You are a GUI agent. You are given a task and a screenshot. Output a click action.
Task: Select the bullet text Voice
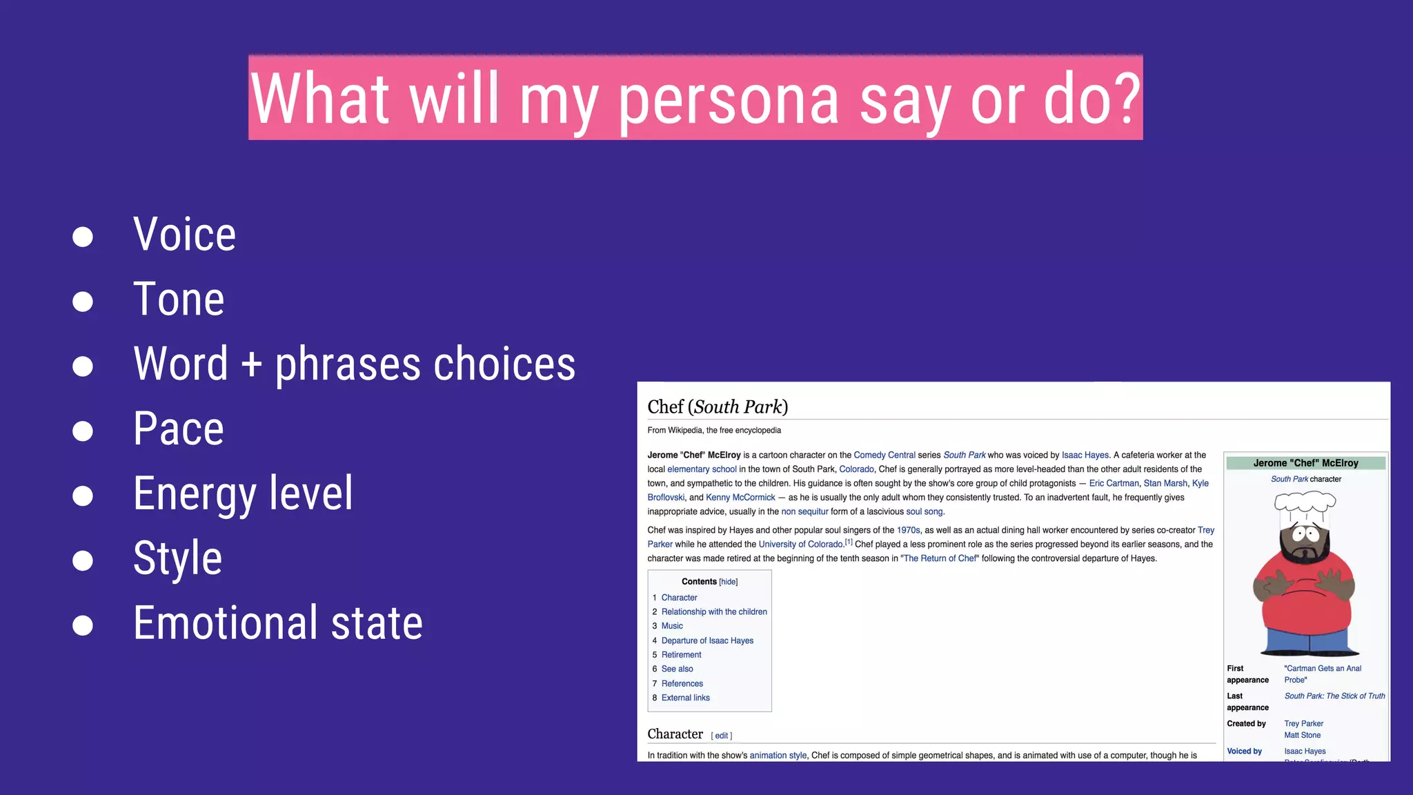pyautogui.click(x=184, y=235)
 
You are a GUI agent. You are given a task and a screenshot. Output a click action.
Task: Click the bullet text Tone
pyautogui.click(x=179, y=300)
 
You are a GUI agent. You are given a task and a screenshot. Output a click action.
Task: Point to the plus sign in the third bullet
pyautogui.click(x=251, y=364)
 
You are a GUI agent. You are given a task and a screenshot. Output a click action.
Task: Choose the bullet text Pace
pyautogui.click(x=179, y=429)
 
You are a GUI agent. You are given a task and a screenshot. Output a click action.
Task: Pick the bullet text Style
pyautogui.click(x=177, y=558)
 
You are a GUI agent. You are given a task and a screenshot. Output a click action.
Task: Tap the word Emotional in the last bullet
pyautogui.click(x=224, y=622)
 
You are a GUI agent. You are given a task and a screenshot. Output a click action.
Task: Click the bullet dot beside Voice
pyautogui.click(x=83, y=237)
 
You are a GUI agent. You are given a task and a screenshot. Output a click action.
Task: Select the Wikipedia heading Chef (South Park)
pyautogui.click(x=718, y=407)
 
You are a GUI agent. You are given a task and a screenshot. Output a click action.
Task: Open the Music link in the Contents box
pyautogui.click(x=672, y=626)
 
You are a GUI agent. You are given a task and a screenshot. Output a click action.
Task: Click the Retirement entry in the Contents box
pyautogui.click(x=681, y=655)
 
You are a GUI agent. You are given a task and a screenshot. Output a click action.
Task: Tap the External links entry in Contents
pyautogui.click(x=685, y=698)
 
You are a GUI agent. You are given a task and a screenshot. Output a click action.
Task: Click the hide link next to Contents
pyautogui.click(x=729, y=582)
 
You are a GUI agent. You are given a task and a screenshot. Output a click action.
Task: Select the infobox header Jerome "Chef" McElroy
pyautogui.click(x=1305, y=463)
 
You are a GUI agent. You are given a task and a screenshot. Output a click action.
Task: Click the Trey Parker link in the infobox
pyautogui.click(x=1303, y=724)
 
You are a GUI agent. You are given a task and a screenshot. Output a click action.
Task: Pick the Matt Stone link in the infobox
pyautogui.click(x=1302, y=735)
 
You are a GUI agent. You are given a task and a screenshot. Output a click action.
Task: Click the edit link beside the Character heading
pyautogui.click(x=722, y=736)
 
